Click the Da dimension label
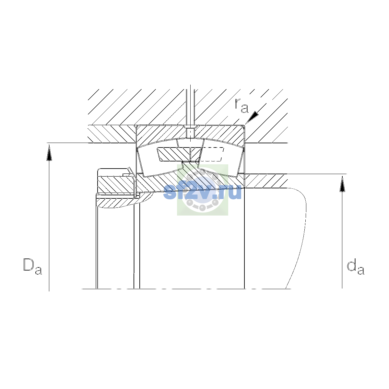pyautogui.click(x=32, y=266)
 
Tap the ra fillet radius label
pyautogui.click(x=242, y=106)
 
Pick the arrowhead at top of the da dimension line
pyautogui.click(x=342, y=183)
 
